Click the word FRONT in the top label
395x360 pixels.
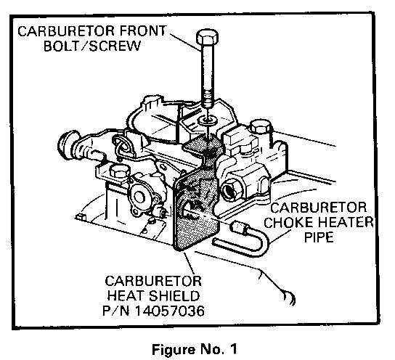(x=142, y=31)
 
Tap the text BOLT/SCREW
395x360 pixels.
(x=92, y=46)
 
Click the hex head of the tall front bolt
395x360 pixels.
(x=207, y=38)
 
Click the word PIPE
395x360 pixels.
(x=319, y=237)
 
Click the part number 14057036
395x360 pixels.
(x=170, y=311)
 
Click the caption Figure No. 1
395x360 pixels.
(x=195, y=349)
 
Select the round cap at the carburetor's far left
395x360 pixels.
(x=65, y=144)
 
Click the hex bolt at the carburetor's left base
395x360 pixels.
(x=120, y=172)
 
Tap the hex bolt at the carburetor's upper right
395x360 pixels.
(x=261, y=126)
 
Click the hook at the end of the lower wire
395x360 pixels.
(x=290, y=298)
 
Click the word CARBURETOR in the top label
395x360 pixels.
(x=66, y=31)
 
